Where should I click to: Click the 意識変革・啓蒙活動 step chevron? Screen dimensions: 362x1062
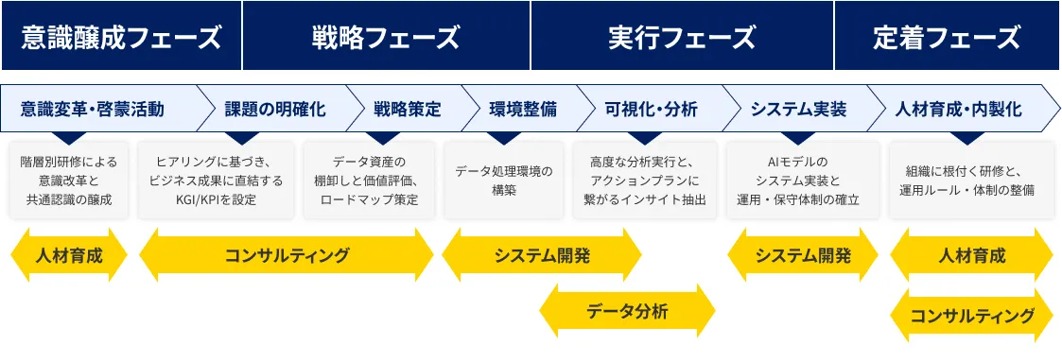[x=95, y=109]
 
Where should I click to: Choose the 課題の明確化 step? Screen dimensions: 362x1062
[x=275, y=109]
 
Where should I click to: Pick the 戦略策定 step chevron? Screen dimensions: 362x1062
[x=407, y=109]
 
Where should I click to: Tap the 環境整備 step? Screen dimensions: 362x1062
[x=523, y=109]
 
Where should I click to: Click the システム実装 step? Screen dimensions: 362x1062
[x=798, y=109]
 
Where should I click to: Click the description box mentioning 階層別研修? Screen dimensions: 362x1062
[x=68, y=181]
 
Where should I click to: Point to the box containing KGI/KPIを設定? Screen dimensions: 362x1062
[x=216, y=181]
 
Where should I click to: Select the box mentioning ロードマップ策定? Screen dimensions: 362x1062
[x=369, y=181]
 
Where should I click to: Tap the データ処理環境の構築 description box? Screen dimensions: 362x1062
[x=503, y=181]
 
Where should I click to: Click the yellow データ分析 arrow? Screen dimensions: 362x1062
[x=627, y=311]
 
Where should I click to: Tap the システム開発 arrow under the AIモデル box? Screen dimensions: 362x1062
[x=803, y=255]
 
